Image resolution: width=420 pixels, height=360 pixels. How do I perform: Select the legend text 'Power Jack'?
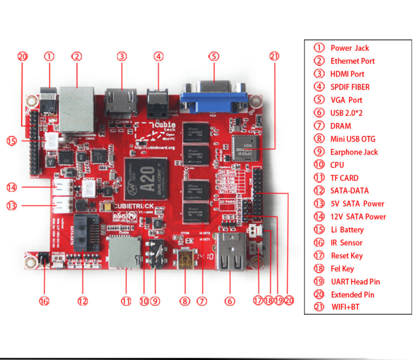(349, 48)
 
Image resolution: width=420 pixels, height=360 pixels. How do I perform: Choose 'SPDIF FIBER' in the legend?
(349, 87)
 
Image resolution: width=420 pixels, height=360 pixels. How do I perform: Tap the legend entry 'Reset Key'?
(346, 256)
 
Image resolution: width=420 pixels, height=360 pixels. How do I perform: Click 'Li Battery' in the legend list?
(347, 229)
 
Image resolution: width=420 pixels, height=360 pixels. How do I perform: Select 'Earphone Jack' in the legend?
(354, 152)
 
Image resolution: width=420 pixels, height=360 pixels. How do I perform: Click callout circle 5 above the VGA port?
(214, 56)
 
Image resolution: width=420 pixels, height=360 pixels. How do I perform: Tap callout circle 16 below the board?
(44, 300)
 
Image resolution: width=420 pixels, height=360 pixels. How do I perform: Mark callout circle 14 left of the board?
(11, 187)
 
